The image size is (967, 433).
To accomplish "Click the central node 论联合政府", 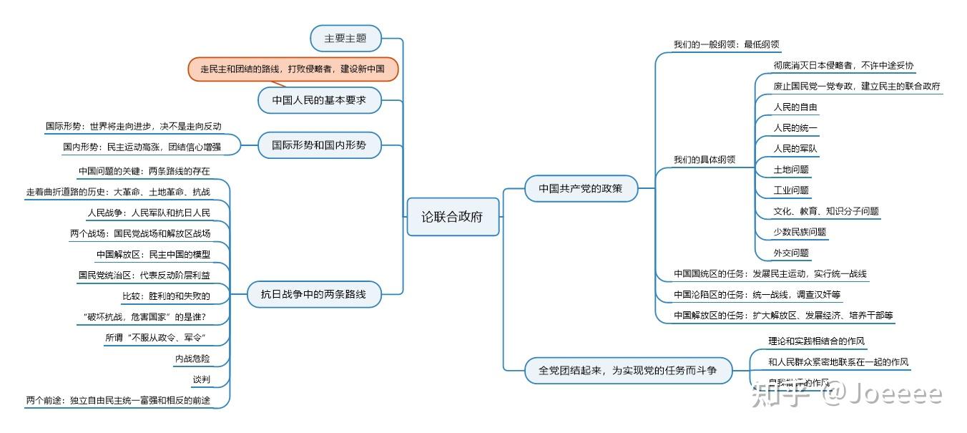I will coord(453,217).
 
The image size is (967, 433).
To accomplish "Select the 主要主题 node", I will coord(345,38).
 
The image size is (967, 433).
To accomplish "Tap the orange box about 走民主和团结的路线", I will coord(293,69).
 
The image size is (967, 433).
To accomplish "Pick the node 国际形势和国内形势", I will coord(319,145).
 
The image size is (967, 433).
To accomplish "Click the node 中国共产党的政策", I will coord(581,189).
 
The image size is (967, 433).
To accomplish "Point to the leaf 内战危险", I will coord(192,359).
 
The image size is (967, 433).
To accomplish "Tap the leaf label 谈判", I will coord(201,379).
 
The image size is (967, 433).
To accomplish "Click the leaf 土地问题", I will coord(790,170).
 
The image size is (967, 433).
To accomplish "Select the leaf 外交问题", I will coord(790,253).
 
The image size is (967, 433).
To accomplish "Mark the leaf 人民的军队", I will coord(795,149).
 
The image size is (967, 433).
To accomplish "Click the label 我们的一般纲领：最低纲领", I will coord(725,44).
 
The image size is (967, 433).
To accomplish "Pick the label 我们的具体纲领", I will coord(704,160).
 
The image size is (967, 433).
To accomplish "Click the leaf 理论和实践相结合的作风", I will coord(816,341).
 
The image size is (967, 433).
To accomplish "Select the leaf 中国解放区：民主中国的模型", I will coord(153,255).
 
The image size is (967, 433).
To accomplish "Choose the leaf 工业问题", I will coord(790,190).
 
